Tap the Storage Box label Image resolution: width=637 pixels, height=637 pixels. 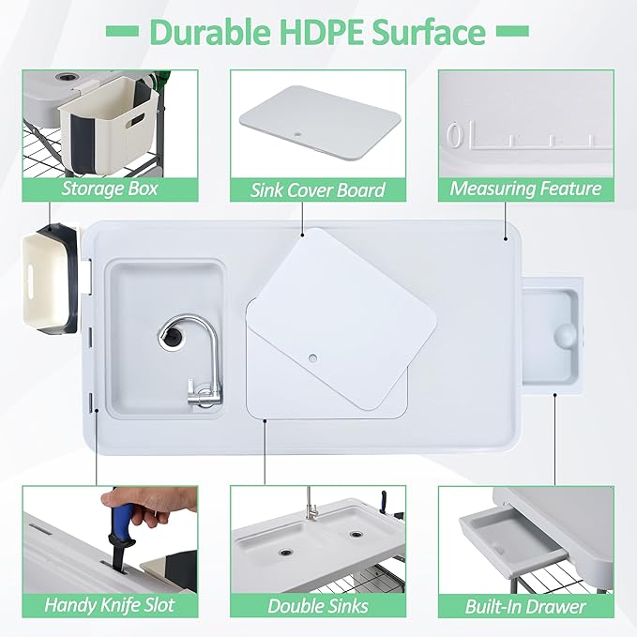109,190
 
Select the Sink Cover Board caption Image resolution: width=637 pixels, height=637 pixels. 317,190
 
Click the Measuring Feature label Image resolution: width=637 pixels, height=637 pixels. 525,189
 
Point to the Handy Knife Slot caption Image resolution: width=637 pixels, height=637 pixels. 109,605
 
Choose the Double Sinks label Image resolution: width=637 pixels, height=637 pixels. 317,605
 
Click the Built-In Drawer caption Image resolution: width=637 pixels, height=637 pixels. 525,605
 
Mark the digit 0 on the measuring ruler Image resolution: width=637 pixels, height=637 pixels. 455,137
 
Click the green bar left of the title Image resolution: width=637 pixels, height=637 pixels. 119,32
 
